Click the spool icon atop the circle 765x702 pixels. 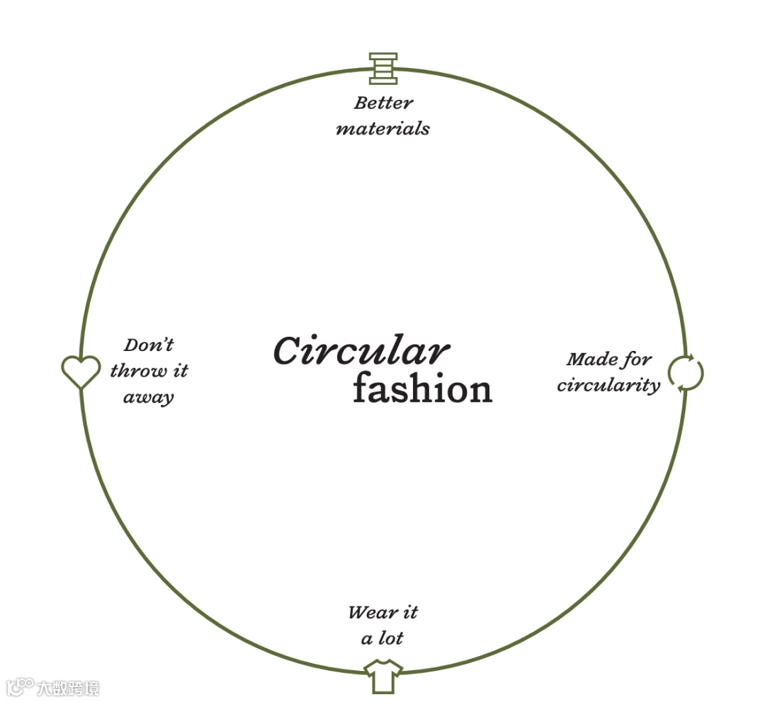point(383,69)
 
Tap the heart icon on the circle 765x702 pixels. point(81,371)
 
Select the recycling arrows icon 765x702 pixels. point(686,373)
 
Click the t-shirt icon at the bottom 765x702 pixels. point(383,676)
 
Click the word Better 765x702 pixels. point(383,103)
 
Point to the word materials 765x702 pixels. point(382,129)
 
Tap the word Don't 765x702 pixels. point(149,345)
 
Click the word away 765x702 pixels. point(149,397)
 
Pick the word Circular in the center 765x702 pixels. point(361,351)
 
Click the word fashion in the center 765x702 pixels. point(422,389)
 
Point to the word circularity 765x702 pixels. point(608,386)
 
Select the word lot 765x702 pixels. point(390,638)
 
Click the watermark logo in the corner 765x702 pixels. point(20,686)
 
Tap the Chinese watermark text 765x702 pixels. point(69,687)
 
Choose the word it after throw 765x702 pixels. point(179,371)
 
